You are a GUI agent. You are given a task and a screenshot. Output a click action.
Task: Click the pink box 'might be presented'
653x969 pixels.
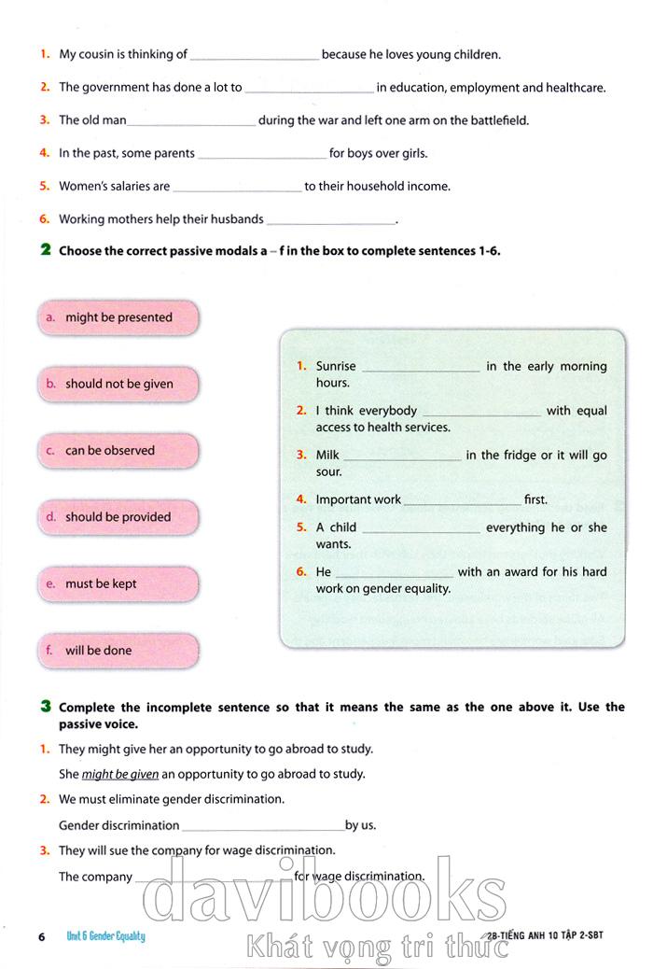[x=118, y=317]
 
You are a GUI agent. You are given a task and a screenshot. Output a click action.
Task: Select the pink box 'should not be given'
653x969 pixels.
[x=118, y=384]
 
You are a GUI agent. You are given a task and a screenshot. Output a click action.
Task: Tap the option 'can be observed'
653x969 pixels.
[x=118, y=450]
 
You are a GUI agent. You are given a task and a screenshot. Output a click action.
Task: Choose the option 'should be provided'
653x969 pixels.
[x=118, y=517]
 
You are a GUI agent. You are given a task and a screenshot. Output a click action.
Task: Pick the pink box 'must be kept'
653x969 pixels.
[x=118, y=583]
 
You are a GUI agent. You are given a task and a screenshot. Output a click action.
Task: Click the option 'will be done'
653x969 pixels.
[x=118, y=651]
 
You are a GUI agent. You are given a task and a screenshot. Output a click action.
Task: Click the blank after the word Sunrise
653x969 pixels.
[x=421, y=368]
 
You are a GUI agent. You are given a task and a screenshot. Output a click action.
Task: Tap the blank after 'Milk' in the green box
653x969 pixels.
[x=402, y=456]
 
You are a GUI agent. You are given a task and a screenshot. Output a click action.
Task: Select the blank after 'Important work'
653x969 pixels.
[x=462, y=501]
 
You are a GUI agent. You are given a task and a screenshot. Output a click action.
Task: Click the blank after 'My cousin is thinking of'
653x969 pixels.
[x=254, y=56]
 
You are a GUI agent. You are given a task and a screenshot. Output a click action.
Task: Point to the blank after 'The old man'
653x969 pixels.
[x=190, y=121]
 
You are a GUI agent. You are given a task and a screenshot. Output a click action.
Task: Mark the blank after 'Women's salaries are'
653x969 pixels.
[x=238, y=188]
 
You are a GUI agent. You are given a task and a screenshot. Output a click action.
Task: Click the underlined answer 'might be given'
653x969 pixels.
[x=120, y=774]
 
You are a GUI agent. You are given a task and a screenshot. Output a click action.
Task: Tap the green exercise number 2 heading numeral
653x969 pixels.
[x=45, y=250]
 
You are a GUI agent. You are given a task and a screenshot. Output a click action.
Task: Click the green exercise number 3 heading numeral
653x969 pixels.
[x=45, y=707]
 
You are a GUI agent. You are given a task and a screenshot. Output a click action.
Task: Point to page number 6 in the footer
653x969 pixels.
[x=41, y=936]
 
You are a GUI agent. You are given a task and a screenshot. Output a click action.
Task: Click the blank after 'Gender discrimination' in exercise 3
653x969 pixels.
[x=263, y=826]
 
